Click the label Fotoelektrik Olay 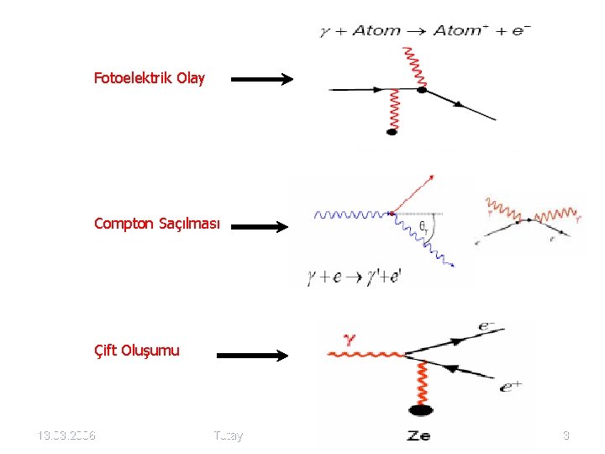pos(149,79)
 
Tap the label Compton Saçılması pos(157,224)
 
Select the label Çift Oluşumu pos(137,351)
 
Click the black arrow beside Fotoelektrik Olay pos(261,80)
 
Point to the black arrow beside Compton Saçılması pos(260,225)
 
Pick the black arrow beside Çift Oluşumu pos(252,355)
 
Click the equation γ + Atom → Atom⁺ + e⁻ pos(424,31)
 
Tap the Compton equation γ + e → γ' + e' pos(355,276)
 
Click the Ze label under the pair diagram pos(419,435)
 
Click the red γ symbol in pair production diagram pos(350,339)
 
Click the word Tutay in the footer pos(228,436)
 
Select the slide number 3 pos(566,436)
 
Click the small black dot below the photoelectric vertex pos(391,131)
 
